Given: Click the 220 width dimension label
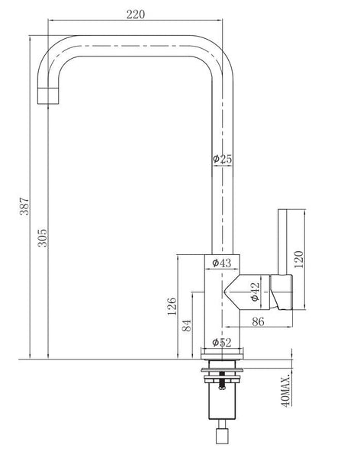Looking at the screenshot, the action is [136, 15].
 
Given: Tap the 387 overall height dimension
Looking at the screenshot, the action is [24, 207].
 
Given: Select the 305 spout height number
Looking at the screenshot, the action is [43, 237].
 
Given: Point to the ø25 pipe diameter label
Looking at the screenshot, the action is [222, 160].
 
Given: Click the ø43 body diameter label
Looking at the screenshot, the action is [222, 263].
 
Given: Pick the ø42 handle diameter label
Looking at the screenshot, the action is [255, 292].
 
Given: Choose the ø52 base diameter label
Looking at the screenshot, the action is [222, 342].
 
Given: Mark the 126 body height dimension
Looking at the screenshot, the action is [172, 306].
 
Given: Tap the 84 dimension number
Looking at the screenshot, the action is [187, 325].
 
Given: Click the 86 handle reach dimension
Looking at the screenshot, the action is [258, 321].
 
